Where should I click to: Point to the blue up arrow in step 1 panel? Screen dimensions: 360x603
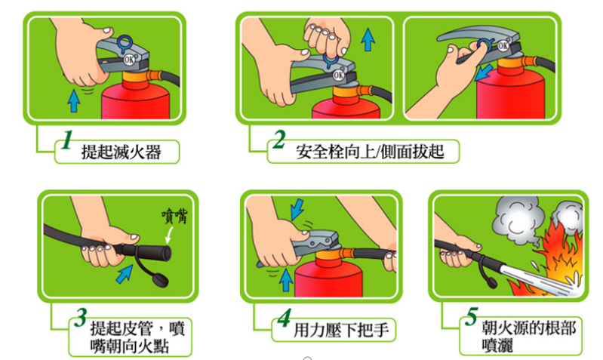[72, 98]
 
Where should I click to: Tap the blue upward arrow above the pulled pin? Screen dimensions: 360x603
[368, 39]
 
